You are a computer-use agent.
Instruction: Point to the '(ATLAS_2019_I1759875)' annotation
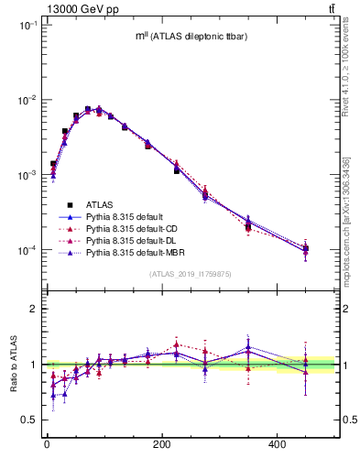pos(190,273)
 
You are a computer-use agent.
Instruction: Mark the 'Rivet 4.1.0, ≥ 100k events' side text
pos(345,87)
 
